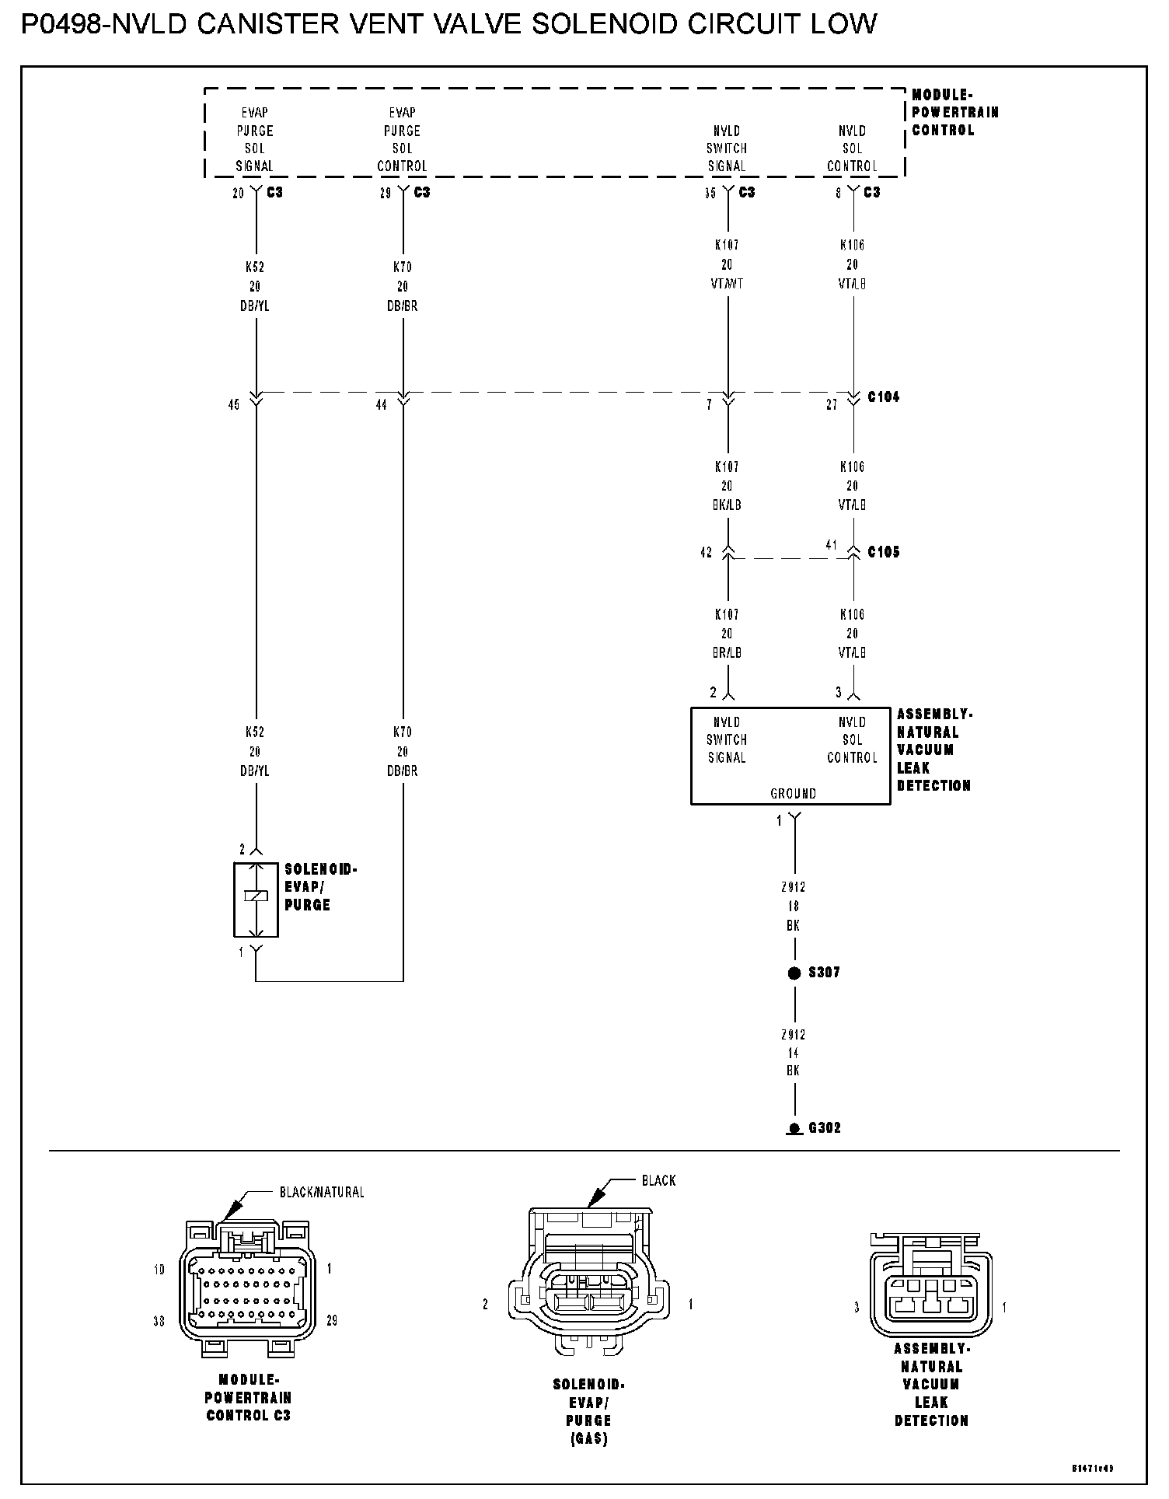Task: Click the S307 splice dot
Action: click(794, 973)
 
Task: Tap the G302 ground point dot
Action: click(794, 1128)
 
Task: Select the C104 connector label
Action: click(884, 397)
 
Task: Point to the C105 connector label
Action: click(884, 553)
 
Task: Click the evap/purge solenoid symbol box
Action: click(256, 900)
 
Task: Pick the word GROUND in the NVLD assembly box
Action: click(793, 794)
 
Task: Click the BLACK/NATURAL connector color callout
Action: click(321, 1192)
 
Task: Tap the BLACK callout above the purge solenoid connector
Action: click(658, 1181)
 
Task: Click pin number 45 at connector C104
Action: click(234, 405)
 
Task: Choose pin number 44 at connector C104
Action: click(381, 405)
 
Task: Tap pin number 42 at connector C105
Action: click(706, 554)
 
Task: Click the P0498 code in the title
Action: click(61, 25)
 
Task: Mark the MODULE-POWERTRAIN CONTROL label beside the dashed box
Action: click(954, 113)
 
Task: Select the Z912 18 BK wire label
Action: click(793, 907)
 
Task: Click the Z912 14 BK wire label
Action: click(793, 1053)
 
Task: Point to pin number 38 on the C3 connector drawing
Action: click(159, 1321)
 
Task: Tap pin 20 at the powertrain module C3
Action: click(238, 194)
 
